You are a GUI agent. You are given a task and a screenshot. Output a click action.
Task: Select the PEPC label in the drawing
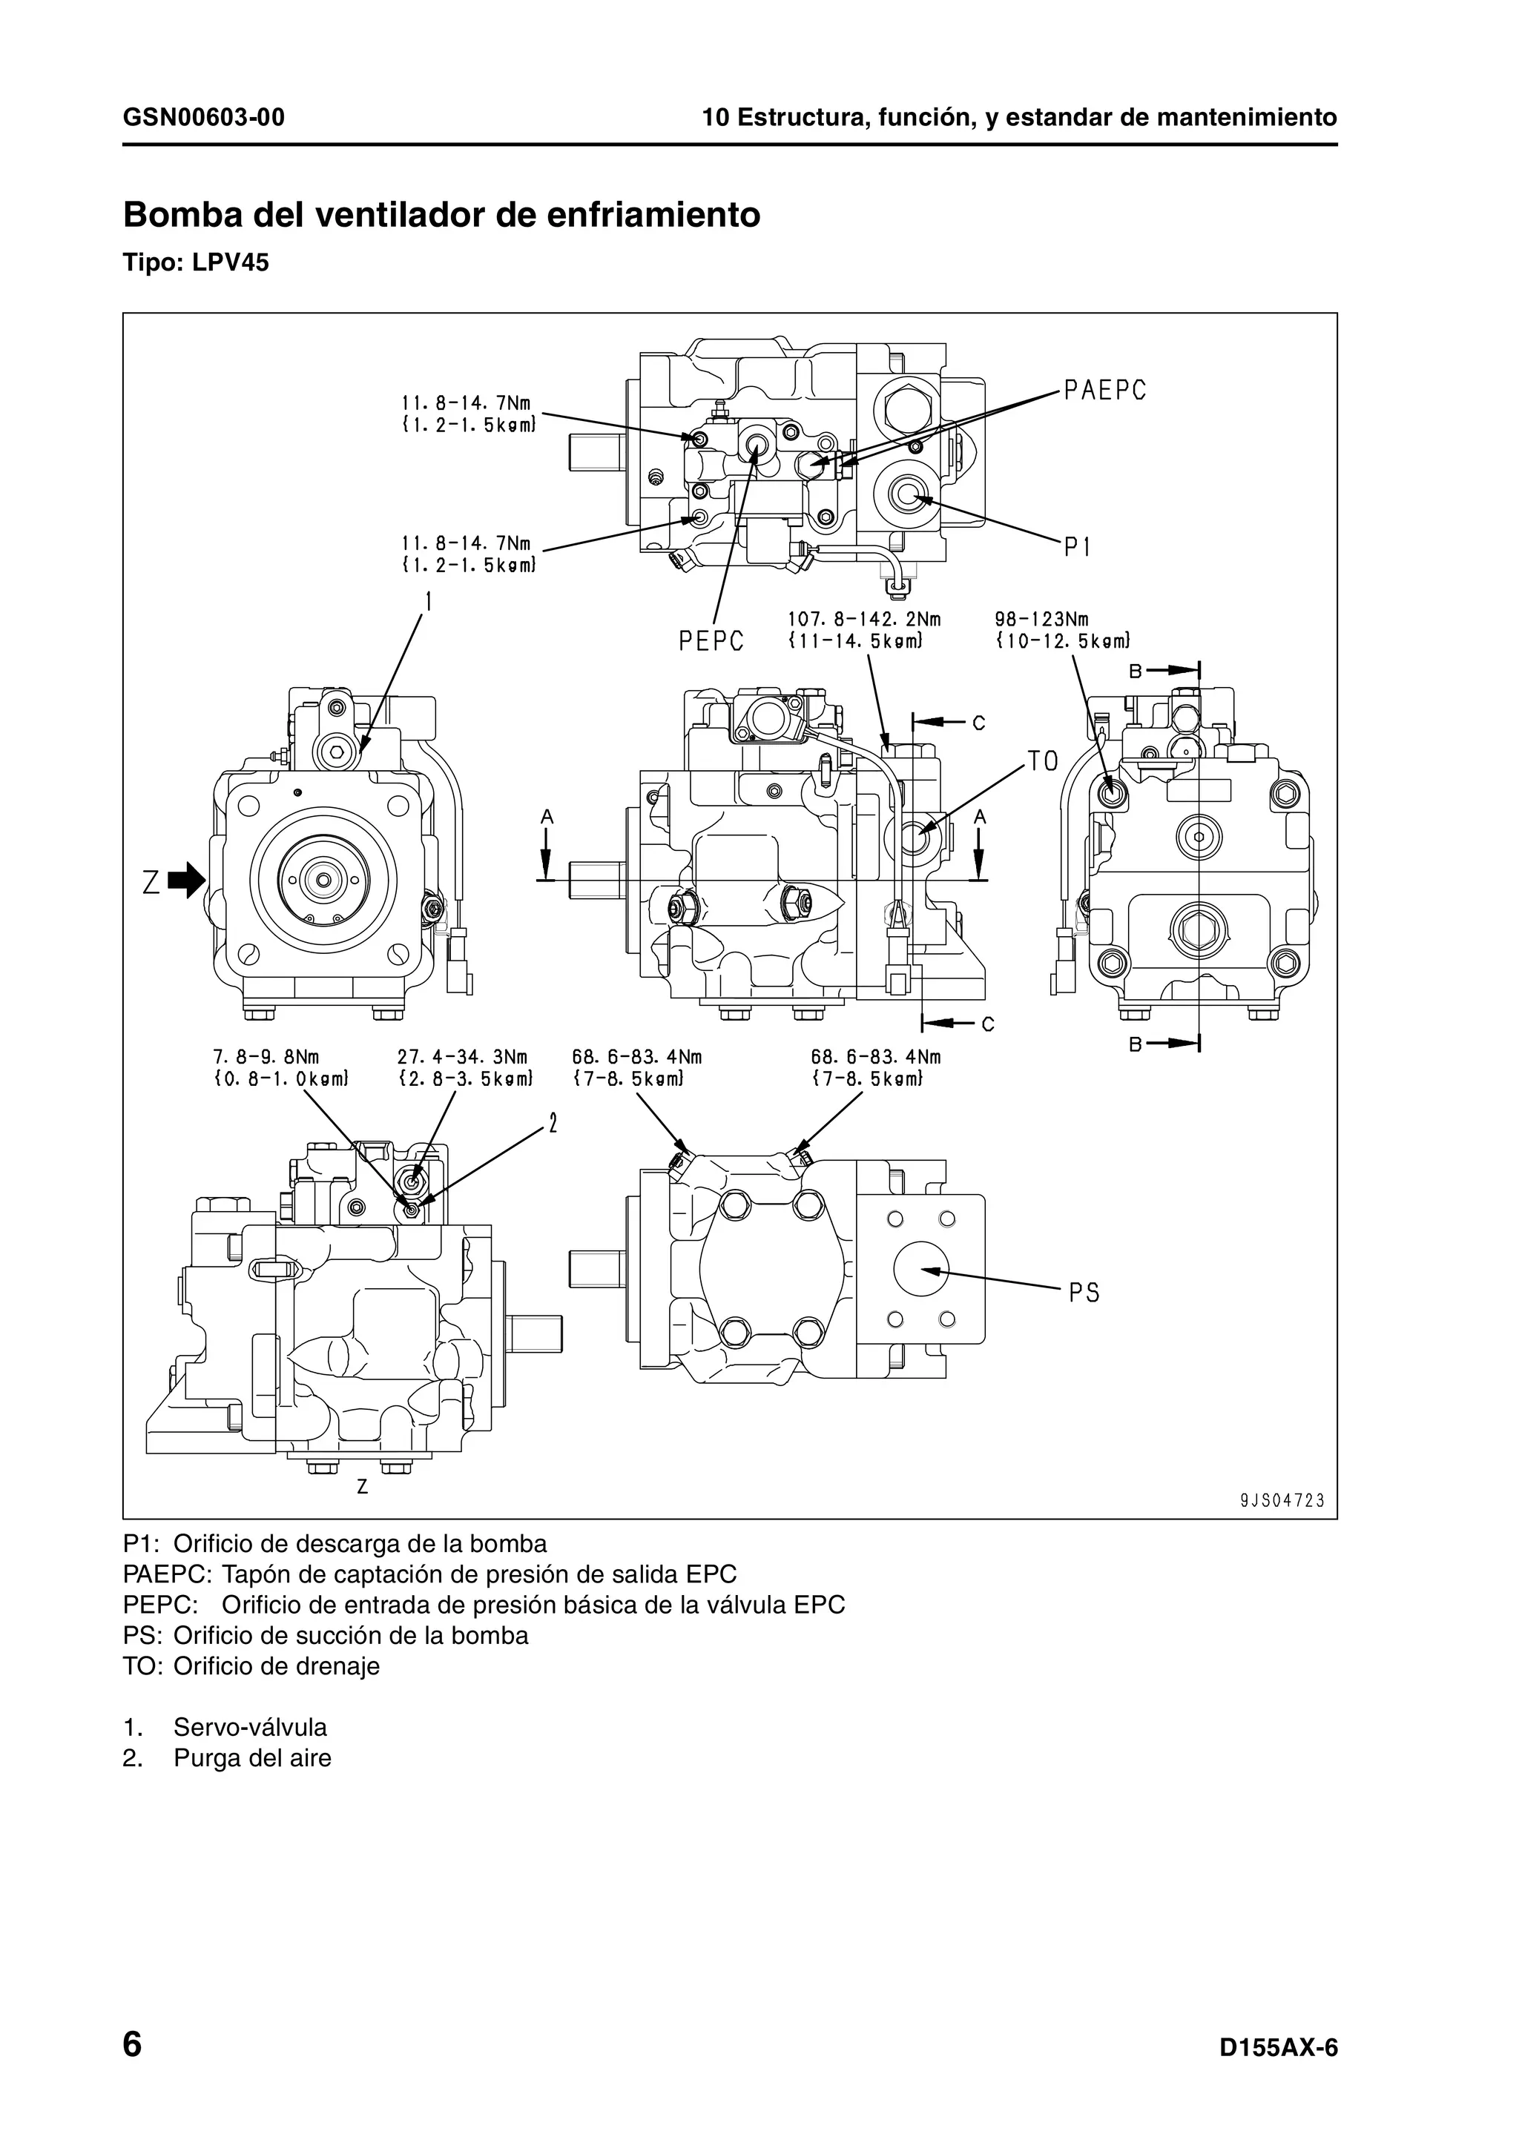pos(711,642)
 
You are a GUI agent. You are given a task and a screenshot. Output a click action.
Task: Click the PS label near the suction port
pos(1084,1293)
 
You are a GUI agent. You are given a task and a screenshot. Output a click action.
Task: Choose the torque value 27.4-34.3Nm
pos(462,1057)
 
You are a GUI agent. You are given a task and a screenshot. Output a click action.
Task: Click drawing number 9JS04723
pos(1282,1502)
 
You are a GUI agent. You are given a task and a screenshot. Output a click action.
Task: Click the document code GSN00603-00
pos(204,118)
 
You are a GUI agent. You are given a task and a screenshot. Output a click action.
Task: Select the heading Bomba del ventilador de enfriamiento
pos(442,215)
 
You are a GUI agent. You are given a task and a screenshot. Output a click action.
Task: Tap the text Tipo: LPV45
pos(196,263)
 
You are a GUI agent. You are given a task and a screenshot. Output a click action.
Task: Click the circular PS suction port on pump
pos(921,1270)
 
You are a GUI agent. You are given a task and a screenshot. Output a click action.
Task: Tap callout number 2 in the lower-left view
pos(553,1123)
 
